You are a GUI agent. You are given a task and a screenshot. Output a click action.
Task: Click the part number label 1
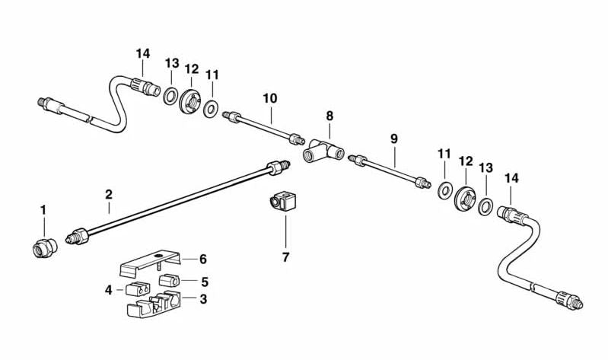pyautogui.click(x=43, y=209)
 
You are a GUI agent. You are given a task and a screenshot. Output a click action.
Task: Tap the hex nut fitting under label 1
pyautogui.click(x=44, y=247)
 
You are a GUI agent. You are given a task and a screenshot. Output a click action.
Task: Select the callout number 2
pyautogui.click(x=109, y=194)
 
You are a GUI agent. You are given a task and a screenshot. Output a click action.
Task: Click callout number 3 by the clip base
pyautogui.click(x=204, y=300)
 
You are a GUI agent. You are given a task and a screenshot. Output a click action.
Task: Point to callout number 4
pyautogui.click(x=109, y=289)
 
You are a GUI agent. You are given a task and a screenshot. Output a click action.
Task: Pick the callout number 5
pyautogui.click(x=204, y=281)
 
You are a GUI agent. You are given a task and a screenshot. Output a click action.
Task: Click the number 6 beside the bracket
pyautogui.click(x=203, y=260)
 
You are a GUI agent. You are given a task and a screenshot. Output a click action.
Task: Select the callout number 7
pyautogui.click(x=286, y=257)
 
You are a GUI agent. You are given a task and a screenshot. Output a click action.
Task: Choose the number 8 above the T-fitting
pyautogui.click(x=329, y=116)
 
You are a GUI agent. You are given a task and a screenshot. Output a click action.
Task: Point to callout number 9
pyautogui.click(x=394, y=139)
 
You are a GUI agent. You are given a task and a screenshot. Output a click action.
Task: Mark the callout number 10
pyautogui.click(x=270, y=98)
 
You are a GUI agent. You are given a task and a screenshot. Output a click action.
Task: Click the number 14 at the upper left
pyautogui.click(x=143, y=53)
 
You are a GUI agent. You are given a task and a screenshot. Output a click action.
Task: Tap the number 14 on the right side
pyautogui.click(x=511, y=177)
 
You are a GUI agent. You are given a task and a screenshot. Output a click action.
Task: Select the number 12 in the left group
pyautogui.click(x=191, y=68)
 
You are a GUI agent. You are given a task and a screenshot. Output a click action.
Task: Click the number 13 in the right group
pyautogui.click(x=486, y=167)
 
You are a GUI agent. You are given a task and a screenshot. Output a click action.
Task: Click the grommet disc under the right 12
pyautogui.click(x=463, y=200)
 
